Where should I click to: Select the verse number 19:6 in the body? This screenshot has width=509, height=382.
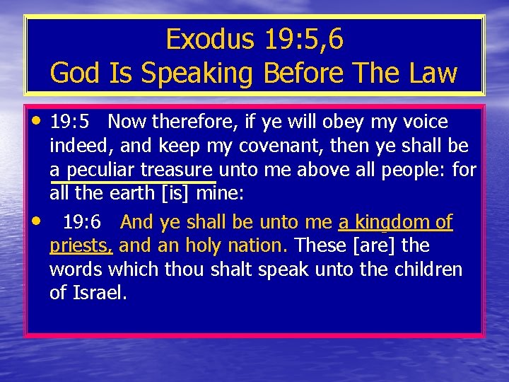pos(83,223)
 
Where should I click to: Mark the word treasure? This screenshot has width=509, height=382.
pos(176,170)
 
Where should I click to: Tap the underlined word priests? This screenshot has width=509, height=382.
pos(81,247)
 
